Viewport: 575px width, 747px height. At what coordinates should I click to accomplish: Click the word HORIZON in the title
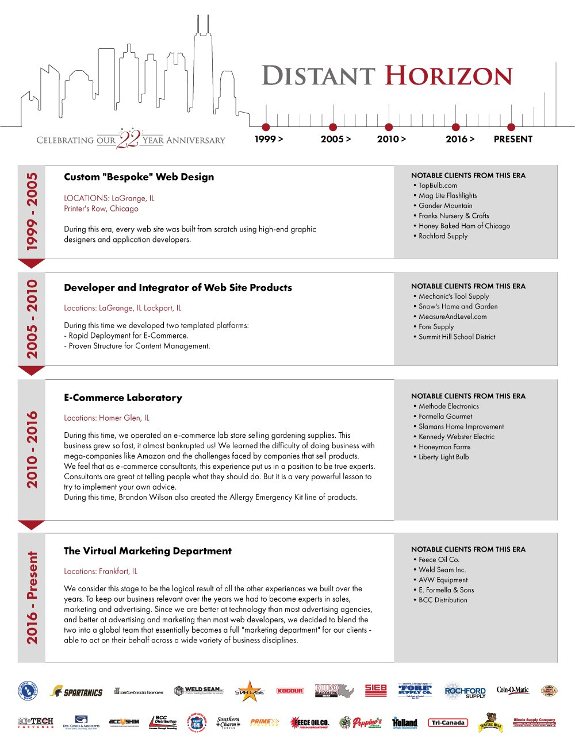(x=448, y=76)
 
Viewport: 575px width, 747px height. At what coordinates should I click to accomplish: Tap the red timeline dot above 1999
(x=266, y=127)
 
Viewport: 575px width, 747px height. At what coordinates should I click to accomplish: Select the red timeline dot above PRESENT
(x=511, y=127)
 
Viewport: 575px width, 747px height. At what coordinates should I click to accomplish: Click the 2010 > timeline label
(x=391, y=139)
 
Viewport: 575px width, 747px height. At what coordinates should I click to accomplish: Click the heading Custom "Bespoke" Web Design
(x=139, y=177)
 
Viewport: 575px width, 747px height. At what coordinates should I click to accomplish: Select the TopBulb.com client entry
(x=438, y=186)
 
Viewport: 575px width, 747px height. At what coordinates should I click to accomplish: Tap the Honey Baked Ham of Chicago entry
(x=464, y=226)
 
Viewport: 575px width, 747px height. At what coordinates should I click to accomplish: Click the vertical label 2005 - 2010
(x=32, y=319)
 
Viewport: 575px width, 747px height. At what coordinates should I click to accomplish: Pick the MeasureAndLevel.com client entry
(x=453, y=317)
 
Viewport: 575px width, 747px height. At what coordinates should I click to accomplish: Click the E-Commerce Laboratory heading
(x=123, y=398)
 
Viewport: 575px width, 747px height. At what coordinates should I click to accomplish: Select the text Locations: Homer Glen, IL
(x=106, y=418)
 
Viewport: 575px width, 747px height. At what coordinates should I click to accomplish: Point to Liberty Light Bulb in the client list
(x=443, y=457)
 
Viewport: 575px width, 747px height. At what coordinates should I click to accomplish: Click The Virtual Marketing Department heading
(x=148, y=551)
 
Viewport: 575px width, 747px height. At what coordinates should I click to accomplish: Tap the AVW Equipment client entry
(x=443, y=580)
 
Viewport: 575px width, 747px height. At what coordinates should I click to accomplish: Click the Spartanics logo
(x=76, y=692)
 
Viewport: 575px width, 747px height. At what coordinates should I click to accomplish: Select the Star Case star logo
(x=250, y=691)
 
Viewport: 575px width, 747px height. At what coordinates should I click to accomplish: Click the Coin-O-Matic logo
(x=512, y=690)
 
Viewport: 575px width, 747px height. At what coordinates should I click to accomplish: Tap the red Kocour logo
(x=290, y=691)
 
